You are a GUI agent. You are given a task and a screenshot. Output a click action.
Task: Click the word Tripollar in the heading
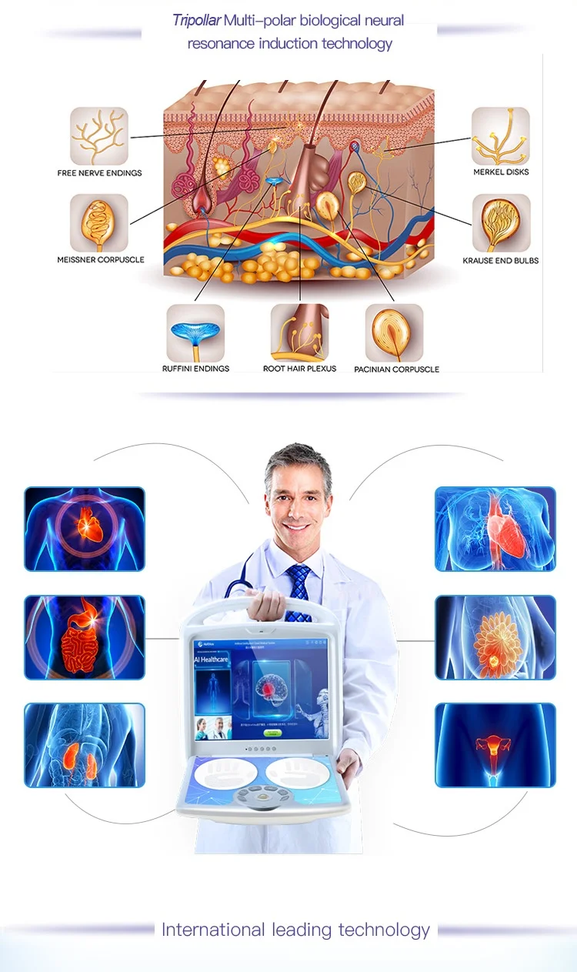(x=196, y=21)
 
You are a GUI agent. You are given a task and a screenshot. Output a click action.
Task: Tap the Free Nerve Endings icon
(x=99, y=136)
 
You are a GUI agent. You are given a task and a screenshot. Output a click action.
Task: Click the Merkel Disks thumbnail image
(x=501, y=136)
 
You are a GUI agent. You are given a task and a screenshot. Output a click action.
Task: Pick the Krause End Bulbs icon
(x=501, y=223)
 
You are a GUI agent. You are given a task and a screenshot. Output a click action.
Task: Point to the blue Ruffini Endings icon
(x=195, y=332)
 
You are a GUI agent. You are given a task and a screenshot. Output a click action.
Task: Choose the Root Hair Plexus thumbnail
(x=299, y=332)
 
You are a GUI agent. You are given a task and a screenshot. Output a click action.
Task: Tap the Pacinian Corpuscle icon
(x=394, y=332)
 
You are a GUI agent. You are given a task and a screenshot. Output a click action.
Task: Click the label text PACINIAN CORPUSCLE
(x=396, y=369)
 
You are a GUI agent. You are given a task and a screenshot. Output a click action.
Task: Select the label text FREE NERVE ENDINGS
(x=99, y=173)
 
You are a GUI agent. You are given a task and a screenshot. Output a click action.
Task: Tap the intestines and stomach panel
(x=85, y=637)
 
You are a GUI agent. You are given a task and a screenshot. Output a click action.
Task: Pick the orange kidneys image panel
(x=85, y=745)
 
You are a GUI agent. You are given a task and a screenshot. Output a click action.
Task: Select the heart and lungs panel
(x=495, y=529)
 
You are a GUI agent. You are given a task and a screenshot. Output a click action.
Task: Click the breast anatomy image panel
(x=495, y=637)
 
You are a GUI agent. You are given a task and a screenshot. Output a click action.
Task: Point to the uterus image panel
(x=495, y=745)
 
